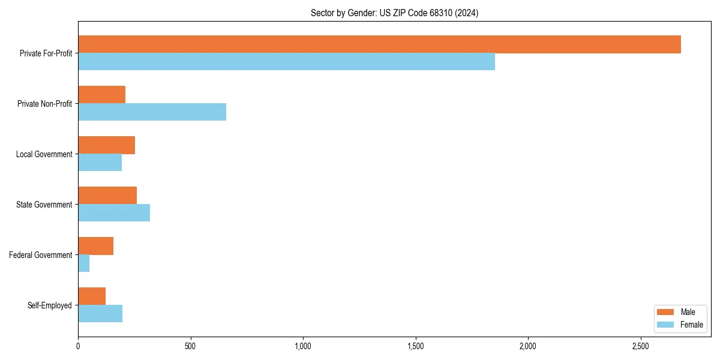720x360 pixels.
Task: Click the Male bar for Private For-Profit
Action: pyautogui.click(x=379, y=44)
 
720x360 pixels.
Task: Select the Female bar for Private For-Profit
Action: pyautogui.click(x=286, y=62)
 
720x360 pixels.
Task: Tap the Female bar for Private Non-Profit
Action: pyautogui.click(x=152, y=112)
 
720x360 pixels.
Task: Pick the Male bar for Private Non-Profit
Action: pyautogui.click(x=101, y=95)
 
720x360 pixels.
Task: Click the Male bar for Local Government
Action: pyautogui.click(x=106, y=145)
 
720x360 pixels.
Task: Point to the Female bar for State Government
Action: pyautogui.click(x=114, y=213)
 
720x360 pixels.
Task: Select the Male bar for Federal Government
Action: pyautogui.click(x=95, y=246)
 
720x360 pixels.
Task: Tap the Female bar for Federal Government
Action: pyautogui.click(x=84, y=263)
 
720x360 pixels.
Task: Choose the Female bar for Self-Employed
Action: pyautogui.click(x=100, y=314)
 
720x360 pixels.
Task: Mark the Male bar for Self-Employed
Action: pyautogui.click(x=92, y=296)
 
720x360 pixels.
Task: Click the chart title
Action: pyautogui.click(x=394, y=13)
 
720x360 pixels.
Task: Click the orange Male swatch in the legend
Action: pyautogui.click(x=665, y=312)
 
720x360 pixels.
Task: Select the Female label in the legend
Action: pyautogui.click(x=691, y=325)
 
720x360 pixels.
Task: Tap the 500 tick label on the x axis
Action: pyautogui.click(x=190, y=346)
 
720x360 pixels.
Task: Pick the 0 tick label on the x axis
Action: pyautogui.click(x=78, y=346)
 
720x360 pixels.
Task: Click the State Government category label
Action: pyautogui.click(x=44, y=205)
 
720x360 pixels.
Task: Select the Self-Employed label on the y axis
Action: pyautogui.click(x=49, y=305)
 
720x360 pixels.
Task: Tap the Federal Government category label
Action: pyautogui.click(x=40, y=255)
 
